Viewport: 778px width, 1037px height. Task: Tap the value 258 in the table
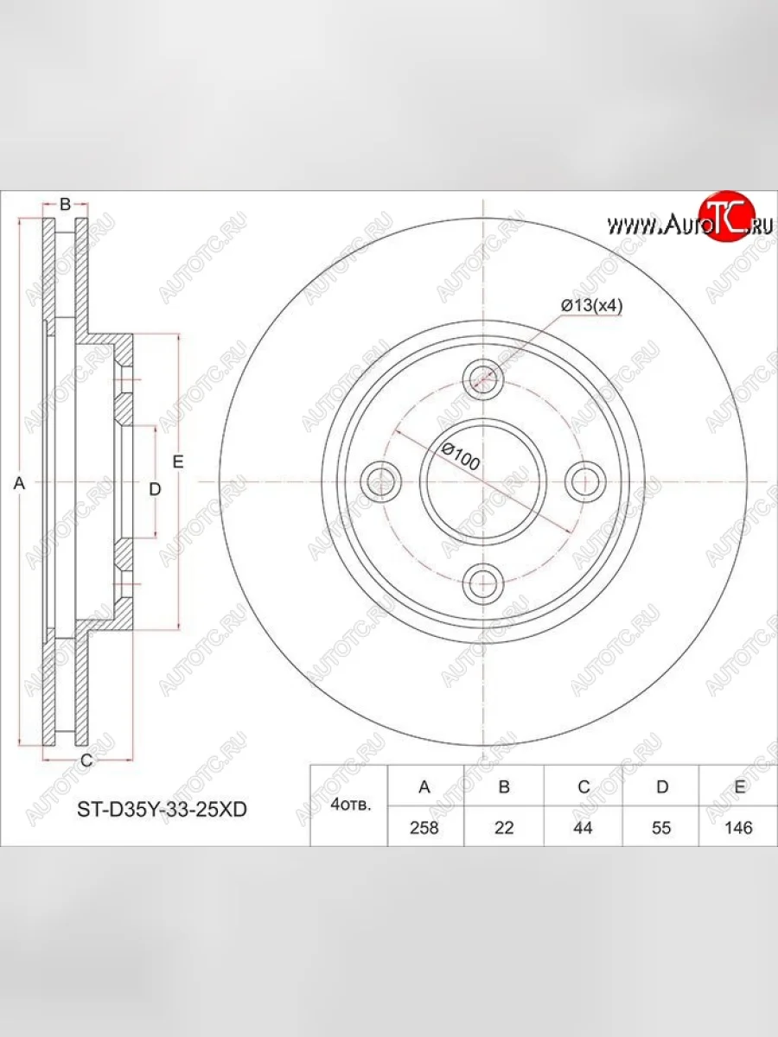pyautogui.click(x=424, y=827)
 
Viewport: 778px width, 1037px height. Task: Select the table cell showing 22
pyautogui.click(x=504, y=827)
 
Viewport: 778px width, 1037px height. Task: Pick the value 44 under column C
pyautogui.click(x=583, y=827)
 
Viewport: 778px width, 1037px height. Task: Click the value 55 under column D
pyautogui.click(x=662, y=827)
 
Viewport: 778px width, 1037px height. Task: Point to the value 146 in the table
pyautogui.click(x=740, y=827)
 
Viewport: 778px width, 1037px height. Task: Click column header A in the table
pyautogui.click(x=424, y=786)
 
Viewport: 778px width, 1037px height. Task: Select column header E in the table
pyautogui.click(x=740, y=786)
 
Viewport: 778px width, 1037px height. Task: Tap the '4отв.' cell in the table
pyautogui.click(x=351, y=806)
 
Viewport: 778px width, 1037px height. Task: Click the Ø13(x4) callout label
pyautogui.click(x=592, y=305)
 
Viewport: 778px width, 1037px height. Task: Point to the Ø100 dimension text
pyautogui.click(x=459, y=455)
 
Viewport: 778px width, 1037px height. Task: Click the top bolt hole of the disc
pyautogui.click(x=482, y=376)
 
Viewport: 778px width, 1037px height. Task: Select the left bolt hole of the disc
pyautogui.click(x=379, y=480)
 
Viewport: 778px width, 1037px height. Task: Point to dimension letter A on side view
pyautogui.click(x=20, y=485)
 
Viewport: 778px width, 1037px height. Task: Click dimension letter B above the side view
pyautogui.click(x=65, y=205)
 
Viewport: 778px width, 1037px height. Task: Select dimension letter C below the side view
pyautogui.click(x=86, y=760)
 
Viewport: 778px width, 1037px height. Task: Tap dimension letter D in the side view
pyautogui.click(x=155, y=490)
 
